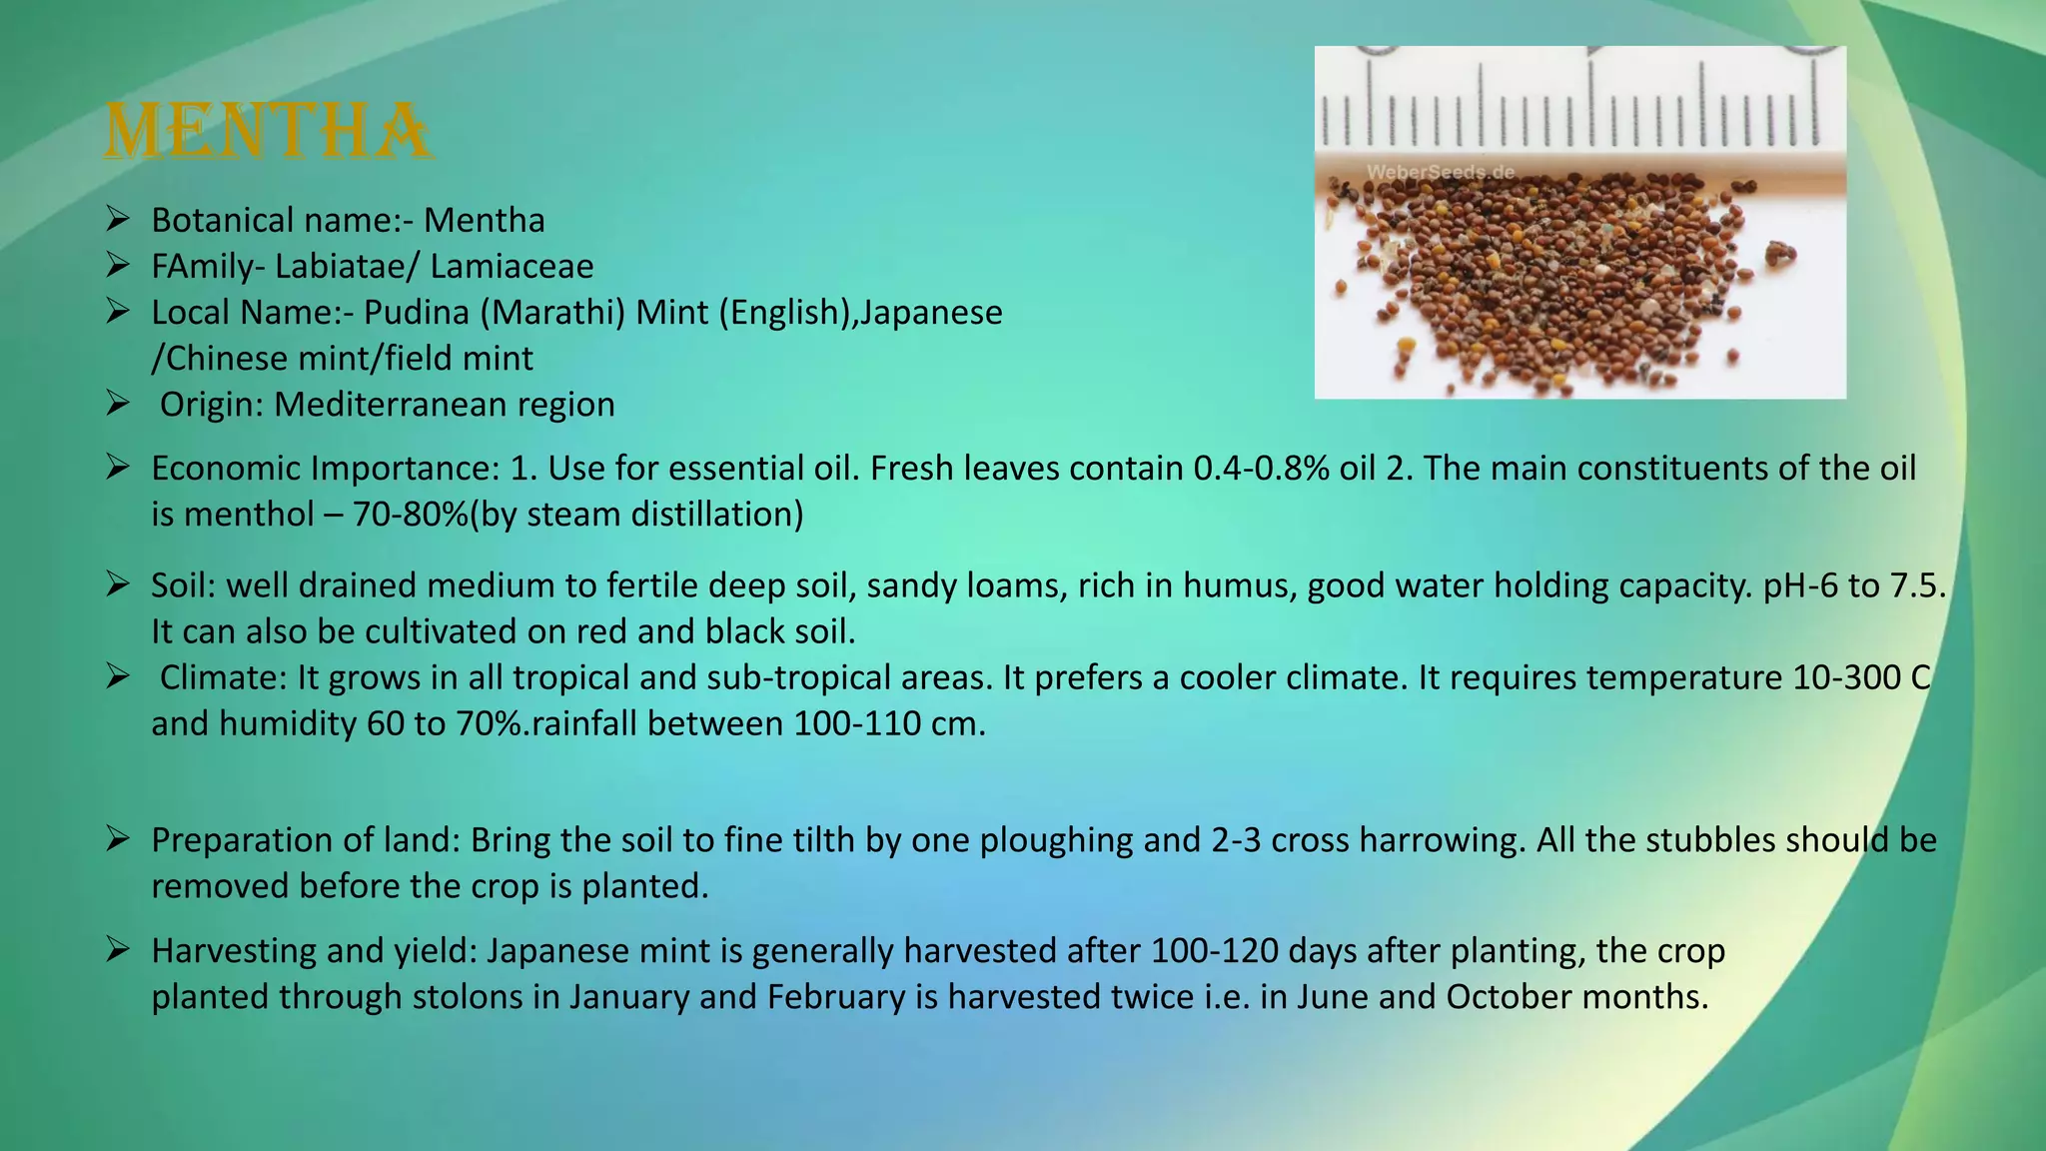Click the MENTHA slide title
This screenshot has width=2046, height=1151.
click(x=268, y=131)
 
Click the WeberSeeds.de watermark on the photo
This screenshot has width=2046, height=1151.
click(x=1440, y=172)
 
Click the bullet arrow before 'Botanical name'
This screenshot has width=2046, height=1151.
click(x=118, y=218)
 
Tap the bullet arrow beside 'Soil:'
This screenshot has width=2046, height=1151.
click(x=118, y=583)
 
